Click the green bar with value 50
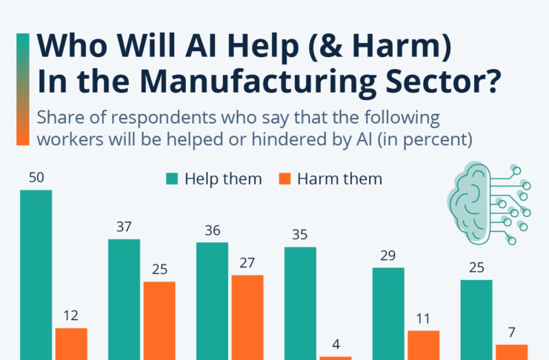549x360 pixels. pyautogui.click(x=36, y=274)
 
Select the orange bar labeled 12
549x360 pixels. pyautogui.click(x=71, y=344)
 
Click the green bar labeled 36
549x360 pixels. pyautogui.click(x=212, y=300)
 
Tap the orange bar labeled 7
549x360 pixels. pyautogui.click(x=512, y=352)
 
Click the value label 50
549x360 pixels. pyautogui.click(x=36, y=178)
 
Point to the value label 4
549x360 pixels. pyautogui.click(x=336, y=344)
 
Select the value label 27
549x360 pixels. pyautogui.click(x=247, y=263)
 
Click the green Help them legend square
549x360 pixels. pyautogui.click(x=172, y=179)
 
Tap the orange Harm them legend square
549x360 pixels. pyautogui.click(x=285, y=179)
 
